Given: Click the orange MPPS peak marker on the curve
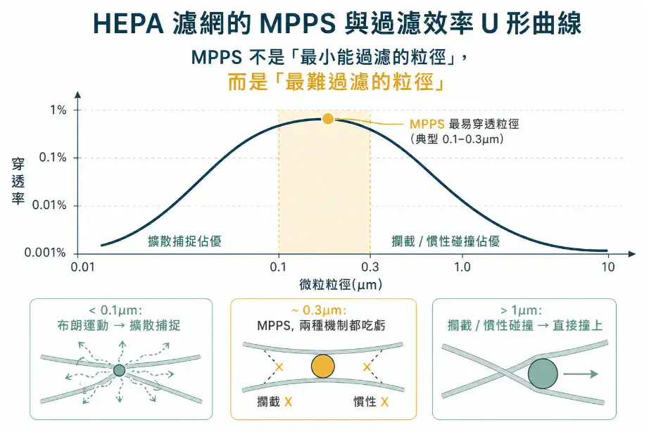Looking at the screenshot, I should coord(327,119).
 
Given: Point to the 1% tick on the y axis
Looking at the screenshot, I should coord(58,110).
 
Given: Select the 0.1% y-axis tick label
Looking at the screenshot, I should coord(53,158).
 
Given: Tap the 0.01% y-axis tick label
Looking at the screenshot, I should coord(50,205).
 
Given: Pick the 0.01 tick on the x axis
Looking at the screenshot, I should coord(83,267).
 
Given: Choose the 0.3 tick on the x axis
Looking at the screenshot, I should coord(370,267).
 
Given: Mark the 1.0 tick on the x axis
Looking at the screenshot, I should coord(462,267).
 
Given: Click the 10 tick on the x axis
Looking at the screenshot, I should coord(608,267).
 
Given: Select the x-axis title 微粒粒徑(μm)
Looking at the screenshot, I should coord(341,285).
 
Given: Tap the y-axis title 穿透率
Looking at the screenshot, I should coord(18,182).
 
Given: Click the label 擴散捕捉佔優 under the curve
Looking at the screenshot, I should coord(184,241).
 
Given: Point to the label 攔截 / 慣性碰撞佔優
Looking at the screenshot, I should coord(446,241).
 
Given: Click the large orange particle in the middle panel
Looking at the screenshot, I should coord(322,367).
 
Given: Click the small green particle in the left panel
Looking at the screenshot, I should coord(120,370).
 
